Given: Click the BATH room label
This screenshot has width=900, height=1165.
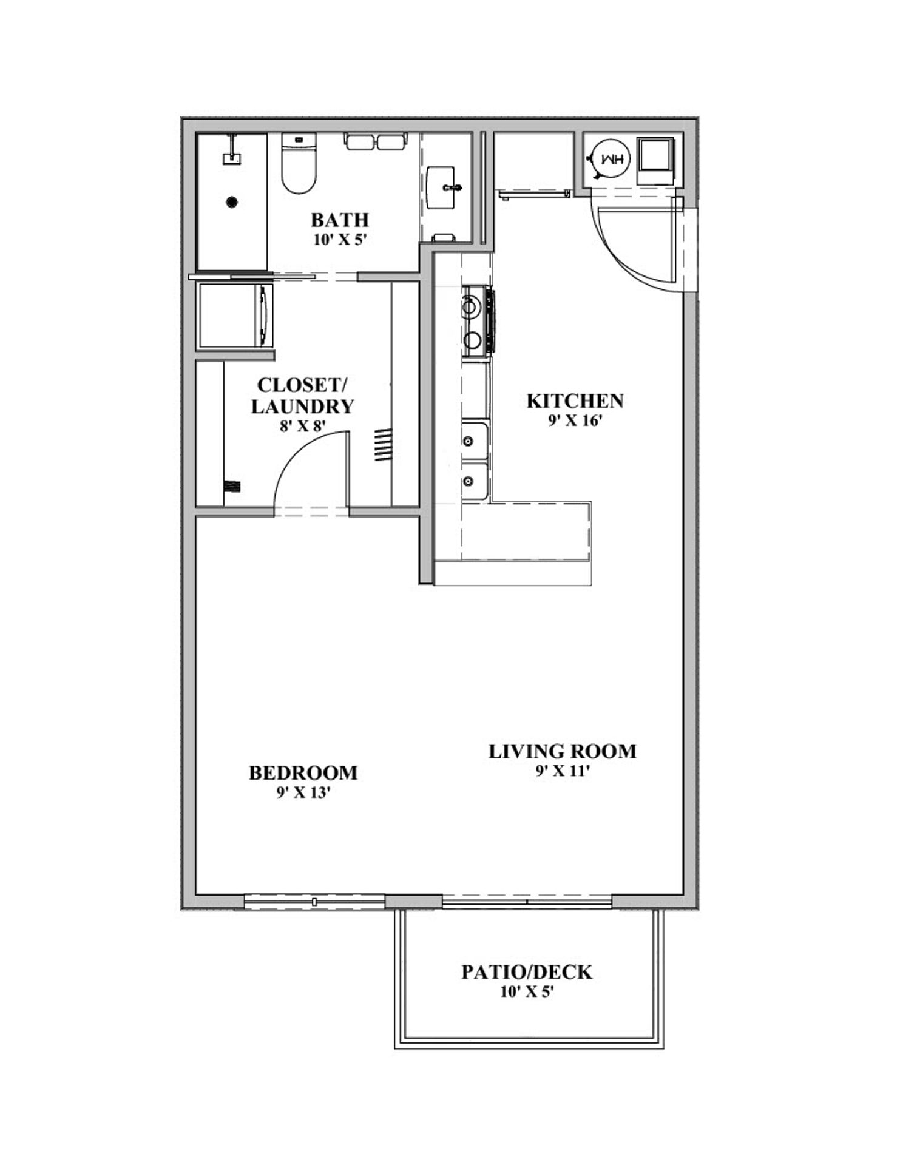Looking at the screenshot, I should [339, 220].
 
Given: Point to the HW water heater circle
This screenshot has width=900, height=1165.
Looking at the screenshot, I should [611, 158].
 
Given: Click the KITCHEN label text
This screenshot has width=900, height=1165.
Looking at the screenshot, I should [574, 401].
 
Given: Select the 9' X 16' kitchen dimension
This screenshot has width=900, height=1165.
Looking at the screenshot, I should [574, 420].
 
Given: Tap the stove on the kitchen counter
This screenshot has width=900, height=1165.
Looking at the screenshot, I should [478, 322].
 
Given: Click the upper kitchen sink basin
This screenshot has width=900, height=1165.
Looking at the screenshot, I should [474, 441].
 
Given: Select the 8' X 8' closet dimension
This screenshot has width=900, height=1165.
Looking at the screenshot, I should [302, 426].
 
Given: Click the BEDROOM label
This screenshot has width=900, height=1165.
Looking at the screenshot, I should [303, 773].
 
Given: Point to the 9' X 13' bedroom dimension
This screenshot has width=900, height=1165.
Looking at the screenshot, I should [303, 792].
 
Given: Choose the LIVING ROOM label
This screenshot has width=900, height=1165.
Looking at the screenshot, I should [562, 752].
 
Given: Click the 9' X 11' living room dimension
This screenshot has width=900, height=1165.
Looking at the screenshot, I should [562, 771].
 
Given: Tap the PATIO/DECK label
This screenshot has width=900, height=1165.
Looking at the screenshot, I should [526, 973].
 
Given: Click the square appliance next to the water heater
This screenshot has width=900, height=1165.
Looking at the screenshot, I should [655, 160].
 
